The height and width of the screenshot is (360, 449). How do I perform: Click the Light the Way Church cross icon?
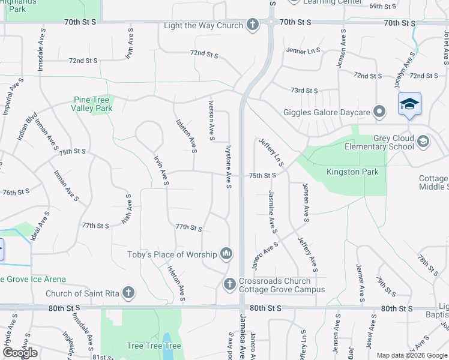pyautogui.click(x=253, y=25)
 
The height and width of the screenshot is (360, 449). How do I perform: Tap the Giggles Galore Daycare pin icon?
pyautogui.click(x=379, y=112)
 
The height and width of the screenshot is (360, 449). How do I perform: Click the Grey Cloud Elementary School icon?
pyautogui.click(x=423, y=142)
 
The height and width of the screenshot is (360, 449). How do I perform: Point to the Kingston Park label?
pyautogui.click(x=352, y=172)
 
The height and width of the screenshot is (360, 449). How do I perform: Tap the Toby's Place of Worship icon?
pyautogui.click(x=226, y=254)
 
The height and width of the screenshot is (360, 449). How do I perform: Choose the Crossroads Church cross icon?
pyautogui.click(x=229, y=284)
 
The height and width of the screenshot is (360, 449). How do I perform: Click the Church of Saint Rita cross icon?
pyautogui.click(x=127, y=293)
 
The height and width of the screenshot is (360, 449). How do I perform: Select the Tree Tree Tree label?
pyautogui.click(x=154, y=346)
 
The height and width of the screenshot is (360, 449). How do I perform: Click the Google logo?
pyautogui.click(x=20, y=353)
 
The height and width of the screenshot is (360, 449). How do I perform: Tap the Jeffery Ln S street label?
pyautogui.click(x=271, y=152)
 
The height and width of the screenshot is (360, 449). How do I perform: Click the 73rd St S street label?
pyautogui.click(x=304, y=91)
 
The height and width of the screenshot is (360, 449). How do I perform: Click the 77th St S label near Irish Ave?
pyautogui.click(x=95, y=226)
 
